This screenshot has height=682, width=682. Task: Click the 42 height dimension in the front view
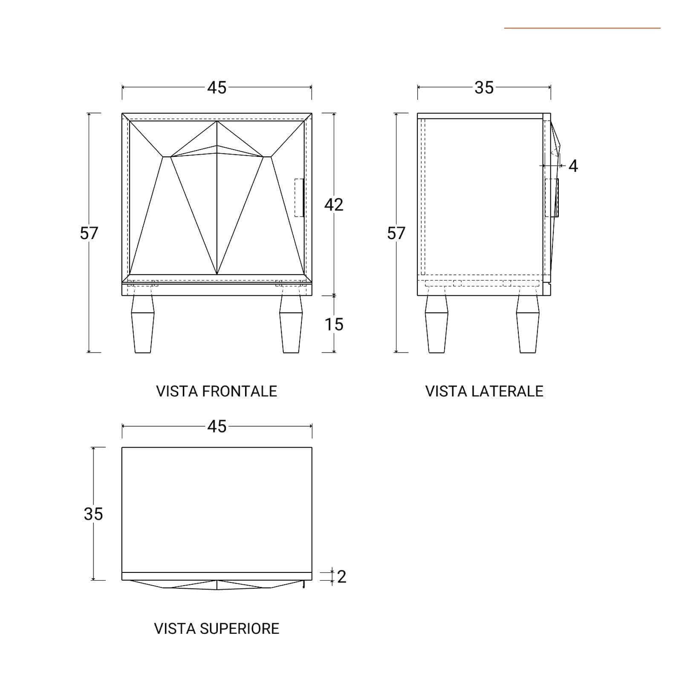pos(334,205)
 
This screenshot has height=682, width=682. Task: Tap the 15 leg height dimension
pos(334,325)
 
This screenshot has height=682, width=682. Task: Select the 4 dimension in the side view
pos(573,166)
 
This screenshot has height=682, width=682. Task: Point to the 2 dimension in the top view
pos(341,577)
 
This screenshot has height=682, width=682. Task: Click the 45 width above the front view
pos(217,87)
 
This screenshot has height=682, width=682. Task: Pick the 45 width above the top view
pos(217,426)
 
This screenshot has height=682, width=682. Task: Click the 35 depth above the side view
pos(484,87)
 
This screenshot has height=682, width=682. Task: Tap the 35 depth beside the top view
pos(93,514)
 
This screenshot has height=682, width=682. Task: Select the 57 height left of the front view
pos(89,233)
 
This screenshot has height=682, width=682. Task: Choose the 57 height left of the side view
pos(396,233)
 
